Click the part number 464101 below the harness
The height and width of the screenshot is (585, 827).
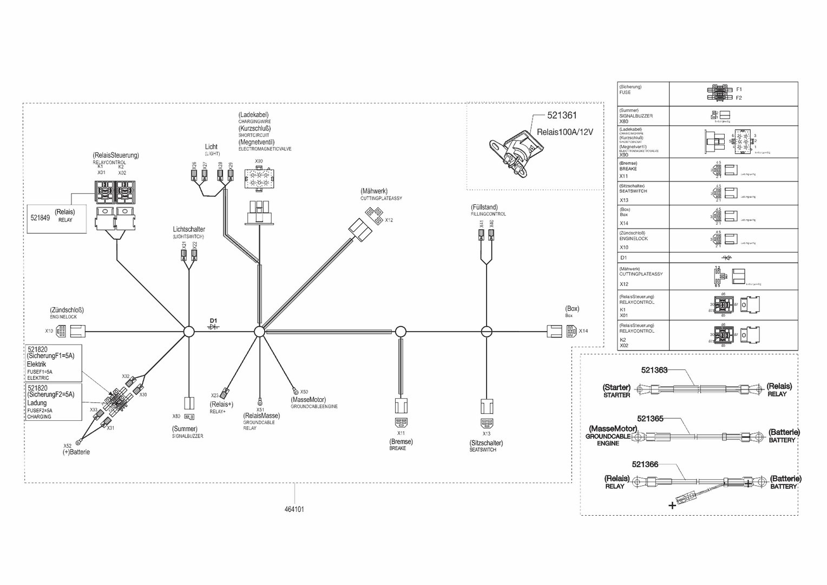294,509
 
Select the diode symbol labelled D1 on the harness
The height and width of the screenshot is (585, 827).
214,327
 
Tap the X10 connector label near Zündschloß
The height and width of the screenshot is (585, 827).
49,331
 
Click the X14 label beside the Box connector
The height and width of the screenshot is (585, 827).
583,331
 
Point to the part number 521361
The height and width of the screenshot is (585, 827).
562,115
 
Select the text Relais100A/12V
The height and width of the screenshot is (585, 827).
565,132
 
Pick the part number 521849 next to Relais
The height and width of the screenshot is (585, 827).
40,218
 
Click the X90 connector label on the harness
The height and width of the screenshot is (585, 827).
259,161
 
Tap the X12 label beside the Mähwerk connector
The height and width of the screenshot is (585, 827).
389,220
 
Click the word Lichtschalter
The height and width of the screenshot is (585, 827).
189,230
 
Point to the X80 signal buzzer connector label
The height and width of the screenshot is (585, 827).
176,417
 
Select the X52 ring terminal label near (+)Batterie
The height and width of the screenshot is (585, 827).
67,446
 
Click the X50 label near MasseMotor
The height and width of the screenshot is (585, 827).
304,392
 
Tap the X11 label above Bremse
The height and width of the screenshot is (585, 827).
401,433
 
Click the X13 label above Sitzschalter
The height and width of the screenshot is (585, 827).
486,434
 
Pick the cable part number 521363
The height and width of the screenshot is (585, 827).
654,370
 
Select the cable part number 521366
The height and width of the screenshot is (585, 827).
645,464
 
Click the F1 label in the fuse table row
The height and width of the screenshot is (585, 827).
739,89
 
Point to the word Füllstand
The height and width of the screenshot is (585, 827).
484,207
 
